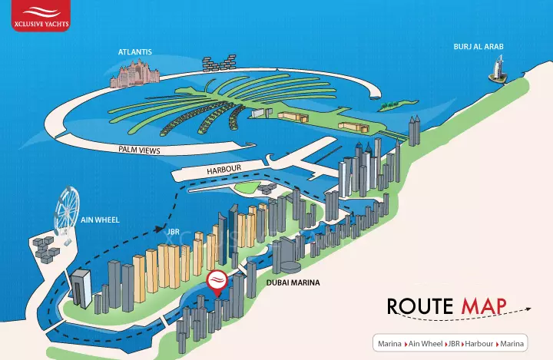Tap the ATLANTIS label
click(x=135, y=51)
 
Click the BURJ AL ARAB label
click(x=478, y=47)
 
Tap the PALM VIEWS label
click(x=139, y=151)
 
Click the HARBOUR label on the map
click(x=224, y=169)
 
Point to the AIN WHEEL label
click(x=100, y=220)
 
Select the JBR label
click(x=173, y=230)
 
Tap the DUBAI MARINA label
click(x=293, y=283)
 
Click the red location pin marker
click(x=218, y=282)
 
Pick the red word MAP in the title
click(x=484, y=306)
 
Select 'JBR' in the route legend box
click(x=454, y=343)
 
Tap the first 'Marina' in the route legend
click(x=389, y=343)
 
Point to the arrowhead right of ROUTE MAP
click(x=529, y=308)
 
